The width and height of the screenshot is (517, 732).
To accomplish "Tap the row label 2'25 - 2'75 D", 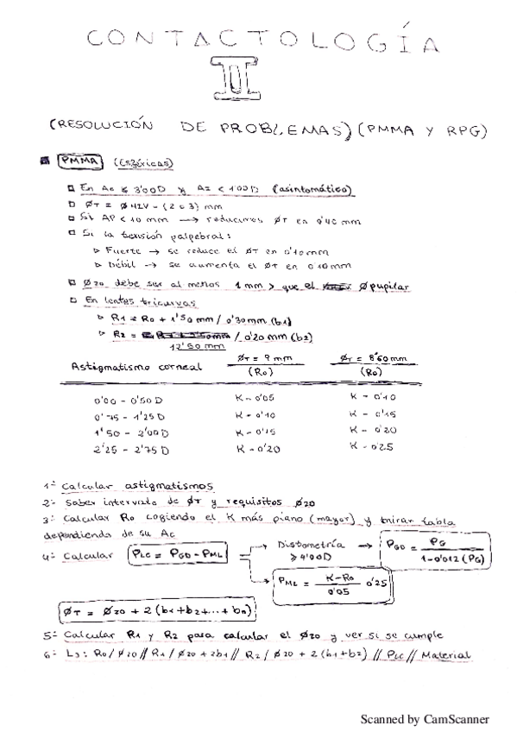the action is [131, 450].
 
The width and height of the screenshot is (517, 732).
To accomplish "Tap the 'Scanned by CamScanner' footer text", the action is [424, 718].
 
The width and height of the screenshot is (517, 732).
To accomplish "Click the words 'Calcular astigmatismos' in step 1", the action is [136, 485].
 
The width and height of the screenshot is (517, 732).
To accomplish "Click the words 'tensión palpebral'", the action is [152, 234].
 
